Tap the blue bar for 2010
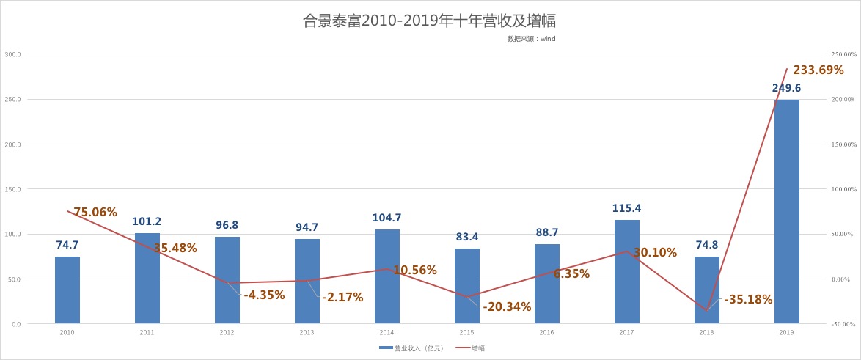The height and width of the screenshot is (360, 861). (67, 290)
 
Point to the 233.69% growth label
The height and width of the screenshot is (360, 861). (818, 70)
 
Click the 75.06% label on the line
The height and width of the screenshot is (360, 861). (95, 213)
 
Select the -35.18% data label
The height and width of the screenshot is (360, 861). (748, 299)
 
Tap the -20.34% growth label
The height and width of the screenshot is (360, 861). (507, 306)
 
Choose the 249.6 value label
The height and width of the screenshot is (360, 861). (786, 88)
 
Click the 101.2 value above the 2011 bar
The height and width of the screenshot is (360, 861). (147, 221)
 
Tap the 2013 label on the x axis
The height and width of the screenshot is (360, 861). (307, 332)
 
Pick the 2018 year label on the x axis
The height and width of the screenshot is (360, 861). (706, 332)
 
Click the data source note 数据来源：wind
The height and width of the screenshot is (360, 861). (531, 39)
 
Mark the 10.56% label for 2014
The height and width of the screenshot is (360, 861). (415, 270)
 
